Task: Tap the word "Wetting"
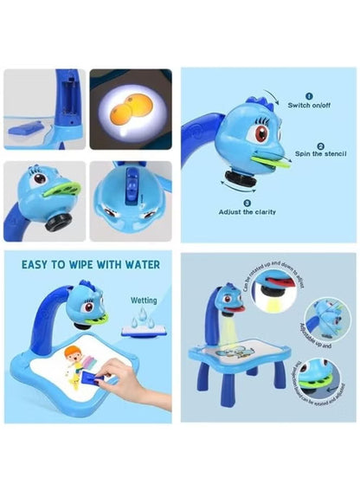pos(144,300)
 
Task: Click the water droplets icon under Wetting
pos(143,320)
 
